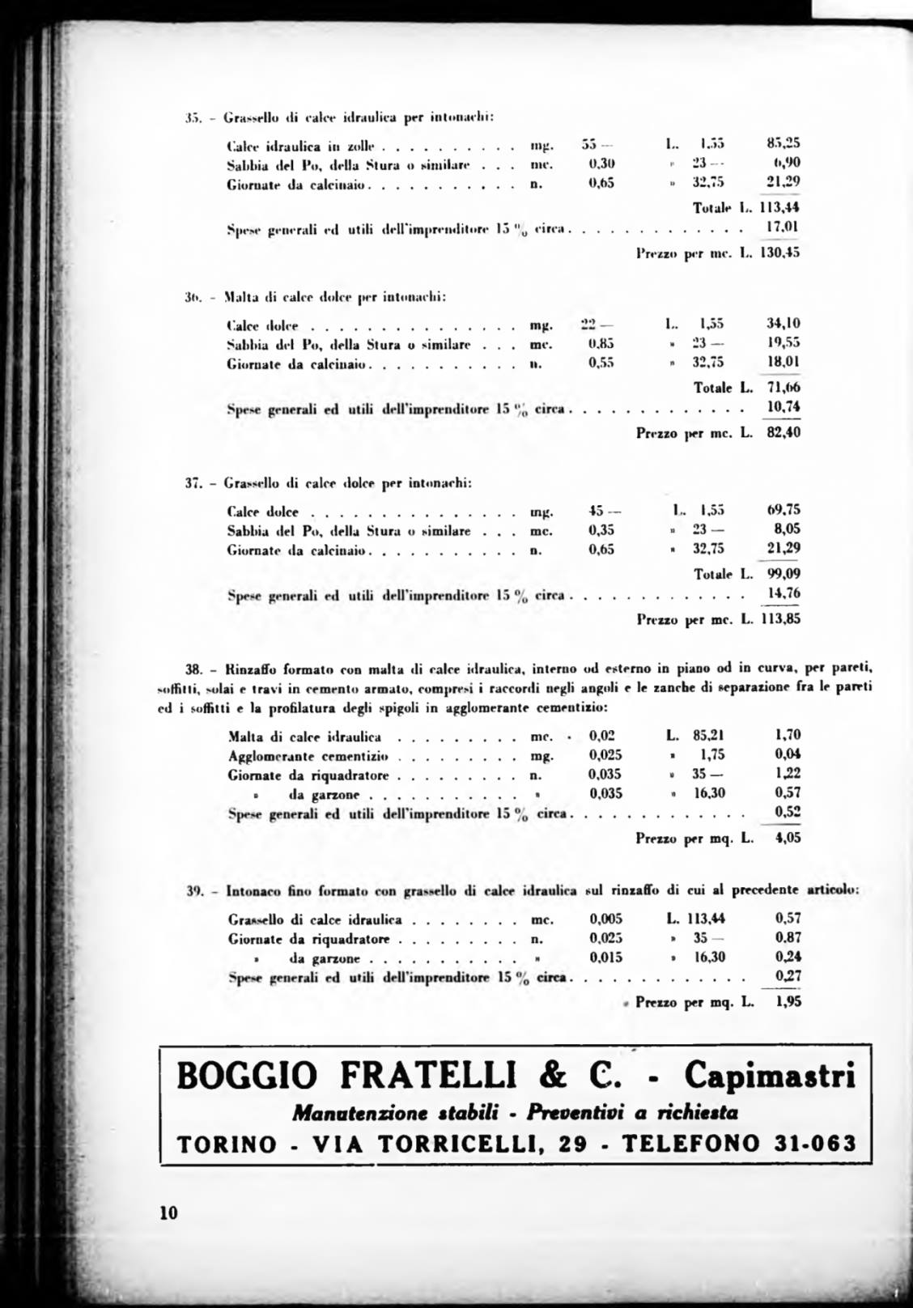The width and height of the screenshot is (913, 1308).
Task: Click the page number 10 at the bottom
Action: (x=168, y=1213)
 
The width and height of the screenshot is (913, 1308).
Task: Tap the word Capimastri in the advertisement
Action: (x=770, y=1076)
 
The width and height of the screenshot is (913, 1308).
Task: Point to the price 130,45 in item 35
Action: (x=783, y=252)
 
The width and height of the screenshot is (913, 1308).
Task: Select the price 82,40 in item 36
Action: (x=783, y=432)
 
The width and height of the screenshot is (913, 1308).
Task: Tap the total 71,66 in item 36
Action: (x=783, y=388)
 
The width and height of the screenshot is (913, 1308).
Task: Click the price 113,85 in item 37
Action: (x=783, y=620)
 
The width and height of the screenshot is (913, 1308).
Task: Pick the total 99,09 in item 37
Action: (x=783, y=574)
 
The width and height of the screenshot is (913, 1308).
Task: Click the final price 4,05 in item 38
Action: (x=788, y=838)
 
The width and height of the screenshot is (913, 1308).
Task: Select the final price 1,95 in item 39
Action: (x=788, y=1002)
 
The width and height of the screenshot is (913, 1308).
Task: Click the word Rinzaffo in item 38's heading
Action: (x=253, y=669)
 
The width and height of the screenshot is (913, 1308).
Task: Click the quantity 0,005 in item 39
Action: (x=605, y=919)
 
